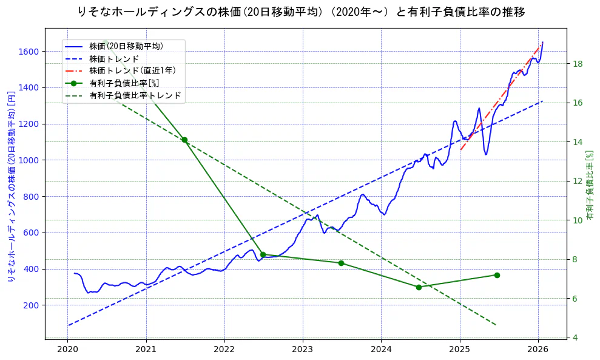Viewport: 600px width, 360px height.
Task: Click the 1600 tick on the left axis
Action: pos(30,52)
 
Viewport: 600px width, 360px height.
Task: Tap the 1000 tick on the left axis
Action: pos(30,160)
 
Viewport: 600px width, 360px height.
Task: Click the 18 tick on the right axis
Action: pos(578,64)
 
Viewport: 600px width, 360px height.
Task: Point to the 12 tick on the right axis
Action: pos(578,181)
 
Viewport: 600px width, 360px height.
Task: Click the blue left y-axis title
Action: pos(11,186)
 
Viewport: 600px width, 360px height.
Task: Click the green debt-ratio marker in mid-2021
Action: pos(184,140)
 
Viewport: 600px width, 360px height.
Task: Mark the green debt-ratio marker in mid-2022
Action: pos(263,254)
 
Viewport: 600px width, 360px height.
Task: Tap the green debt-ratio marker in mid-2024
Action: pos(419,287)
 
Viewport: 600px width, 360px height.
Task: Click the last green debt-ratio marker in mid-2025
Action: pos(497,275)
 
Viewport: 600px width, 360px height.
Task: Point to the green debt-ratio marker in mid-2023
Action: pos(341,263)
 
